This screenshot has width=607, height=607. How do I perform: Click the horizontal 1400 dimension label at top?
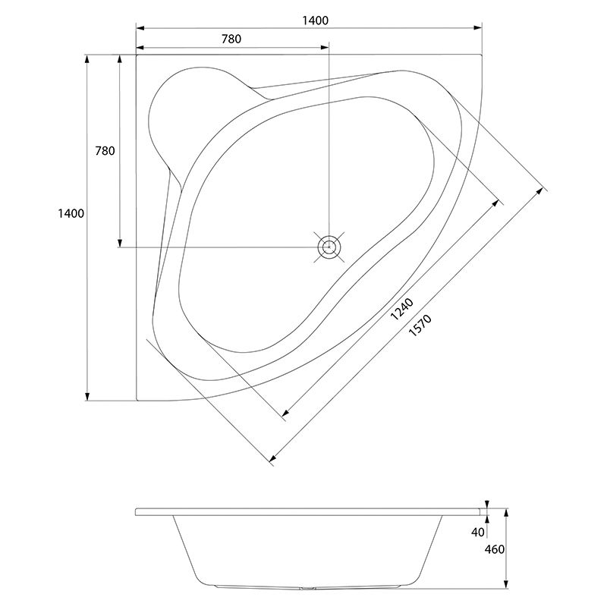pos(315,20)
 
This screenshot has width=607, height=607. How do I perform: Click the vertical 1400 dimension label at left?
pos(71,213)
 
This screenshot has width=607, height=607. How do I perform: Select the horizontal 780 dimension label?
pos(231,39)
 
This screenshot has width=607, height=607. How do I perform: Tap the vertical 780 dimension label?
pos(105,150)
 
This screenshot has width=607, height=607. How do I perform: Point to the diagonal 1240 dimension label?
pos(402,310)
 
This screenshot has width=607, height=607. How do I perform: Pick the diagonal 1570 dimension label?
pos(420,325)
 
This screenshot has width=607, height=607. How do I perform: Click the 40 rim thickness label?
pos(478,533)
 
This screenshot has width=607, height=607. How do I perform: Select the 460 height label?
pos(495,549)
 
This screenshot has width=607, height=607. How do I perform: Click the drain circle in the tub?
pos(329,247)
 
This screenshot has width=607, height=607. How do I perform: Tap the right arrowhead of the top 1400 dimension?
pos(478,28)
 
